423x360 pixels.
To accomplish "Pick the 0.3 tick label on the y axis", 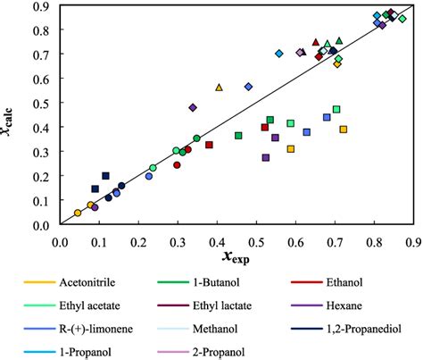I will [42, 152].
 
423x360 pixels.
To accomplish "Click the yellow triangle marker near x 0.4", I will [219, 88].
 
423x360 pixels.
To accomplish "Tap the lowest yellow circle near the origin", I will [78, 213].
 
